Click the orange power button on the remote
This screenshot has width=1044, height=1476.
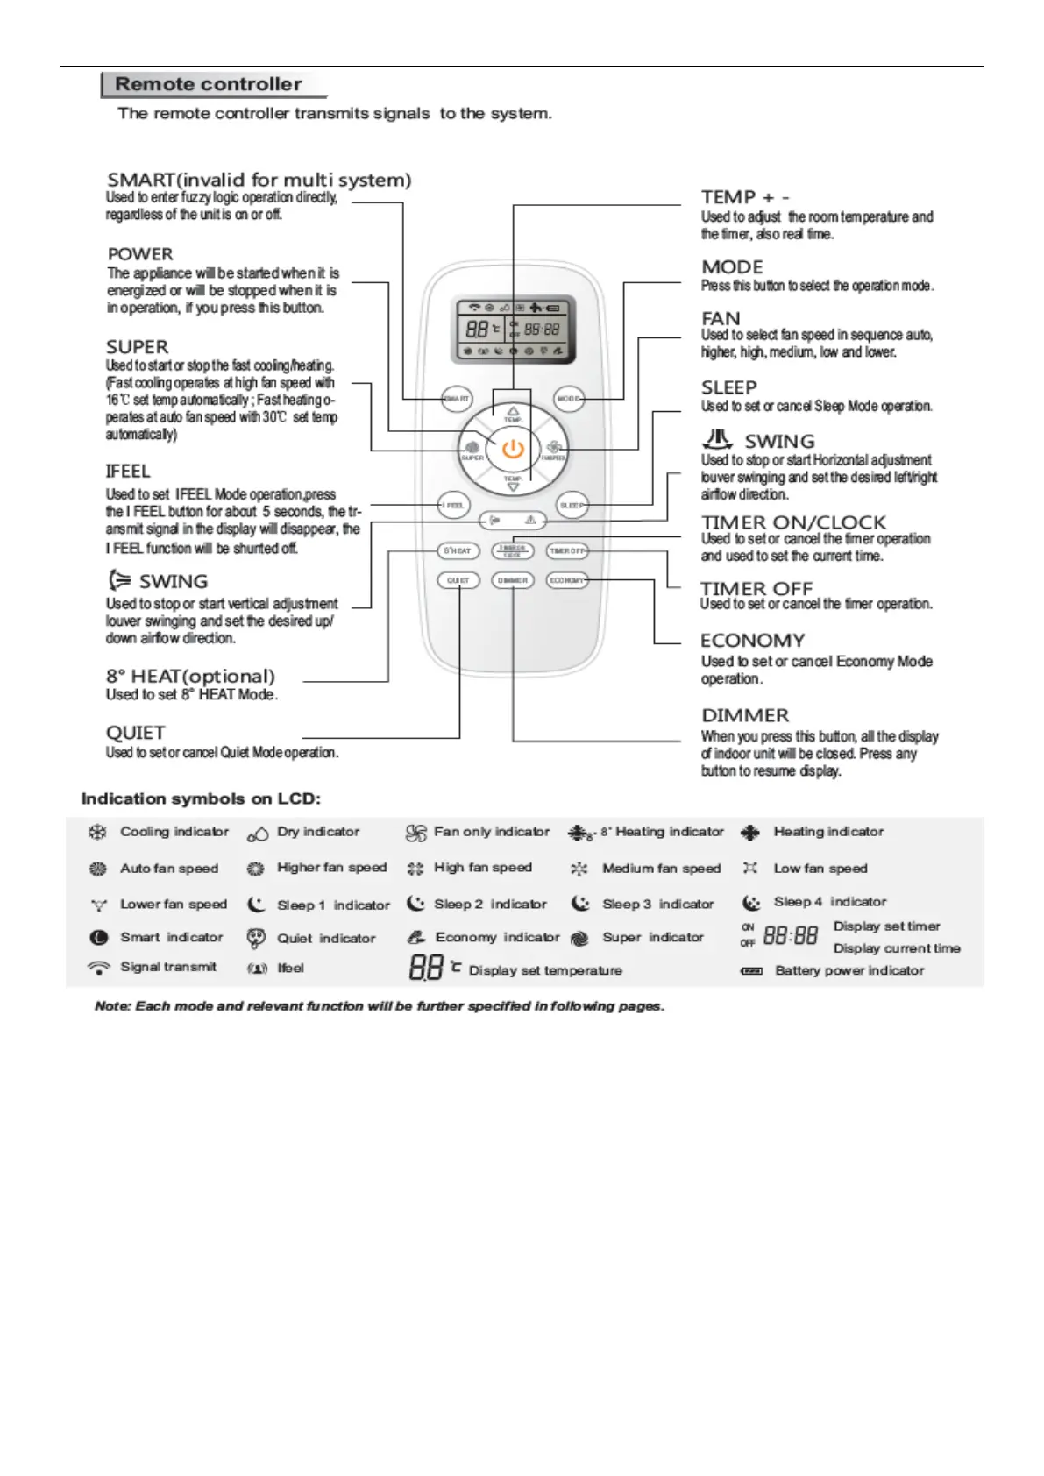point(513,450)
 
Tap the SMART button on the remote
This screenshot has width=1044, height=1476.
point(457,399)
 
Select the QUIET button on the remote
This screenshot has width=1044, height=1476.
point(458,580)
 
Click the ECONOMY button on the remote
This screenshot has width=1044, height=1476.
point(566,580)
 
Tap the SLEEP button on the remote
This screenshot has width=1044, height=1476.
point(572,505)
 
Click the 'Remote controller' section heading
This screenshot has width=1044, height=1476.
point(209,84)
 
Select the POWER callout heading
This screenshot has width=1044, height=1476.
point(140,254)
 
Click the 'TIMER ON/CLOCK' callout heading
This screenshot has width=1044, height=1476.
point(793,522)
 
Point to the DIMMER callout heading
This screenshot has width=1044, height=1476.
point(745,715)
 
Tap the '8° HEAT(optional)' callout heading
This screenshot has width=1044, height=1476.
point(190,676)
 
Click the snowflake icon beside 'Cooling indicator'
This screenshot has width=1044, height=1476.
point(97,832)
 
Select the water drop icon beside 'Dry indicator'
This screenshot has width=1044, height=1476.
point(258,834)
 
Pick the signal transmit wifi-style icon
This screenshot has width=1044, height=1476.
point(99,968)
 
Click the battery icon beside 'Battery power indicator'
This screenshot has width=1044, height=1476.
point(752,971)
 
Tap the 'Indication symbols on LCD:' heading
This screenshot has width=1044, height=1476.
point(201,798)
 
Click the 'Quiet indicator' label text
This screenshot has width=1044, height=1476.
point(326,938)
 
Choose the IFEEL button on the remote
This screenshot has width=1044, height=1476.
point(454,505)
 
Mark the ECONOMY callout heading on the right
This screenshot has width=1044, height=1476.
point(752,641)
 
